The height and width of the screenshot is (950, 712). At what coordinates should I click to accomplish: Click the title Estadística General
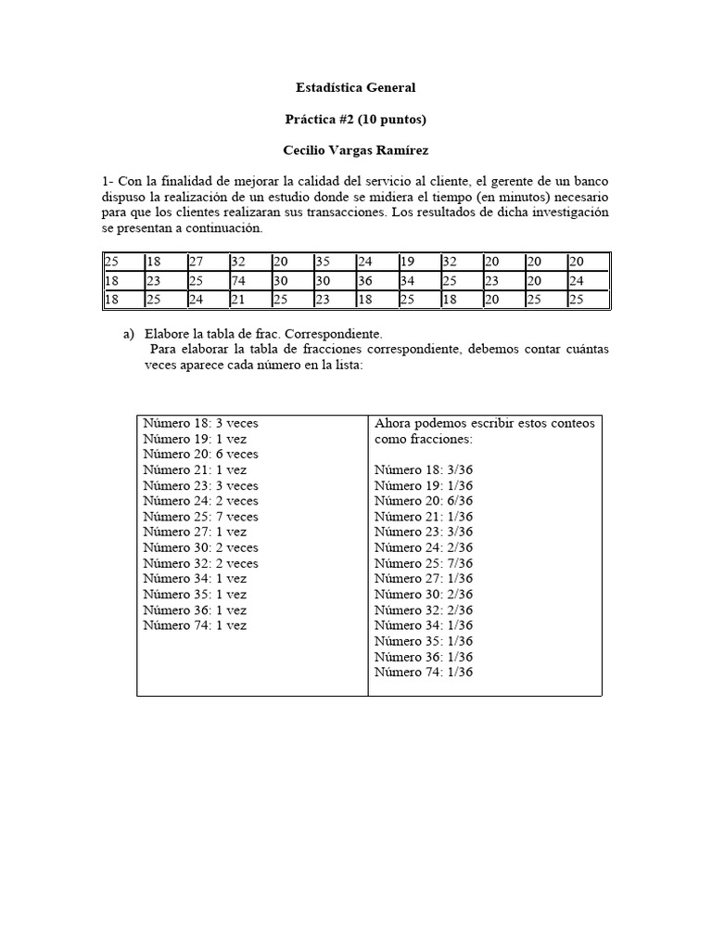355,87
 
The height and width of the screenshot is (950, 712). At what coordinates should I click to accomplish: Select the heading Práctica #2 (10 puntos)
355,119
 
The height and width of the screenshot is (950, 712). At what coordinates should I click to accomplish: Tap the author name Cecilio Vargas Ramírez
355,149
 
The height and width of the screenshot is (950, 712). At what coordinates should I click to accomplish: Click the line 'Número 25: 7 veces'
200,517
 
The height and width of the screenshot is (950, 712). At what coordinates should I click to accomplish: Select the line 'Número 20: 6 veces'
200,454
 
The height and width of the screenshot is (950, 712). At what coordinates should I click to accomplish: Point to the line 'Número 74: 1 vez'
195,625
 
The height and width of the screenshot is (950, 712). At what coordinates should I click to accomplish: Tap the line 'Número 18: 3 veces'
200,423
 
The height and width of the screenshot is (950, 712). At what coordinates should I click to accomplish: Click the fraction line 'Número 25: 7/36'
424,563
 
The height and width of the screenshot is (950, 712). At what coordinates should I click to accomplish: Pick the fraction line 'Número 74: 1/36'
424,672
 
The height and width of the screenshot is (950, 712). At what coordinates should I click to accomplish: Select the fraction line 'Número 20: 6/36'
424,501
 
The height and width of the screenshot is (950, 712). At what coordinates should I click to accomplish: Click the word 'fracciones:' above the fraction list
441,439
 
